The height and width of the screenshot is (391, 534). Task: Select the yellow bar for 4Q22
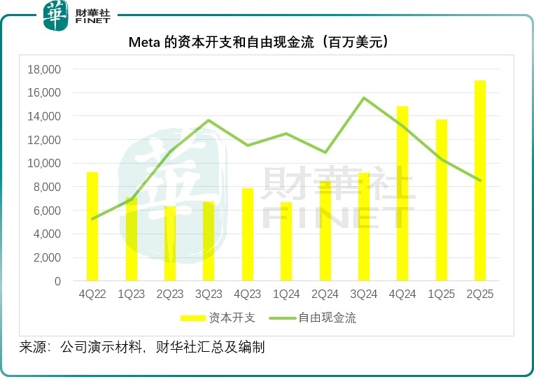[92, 227]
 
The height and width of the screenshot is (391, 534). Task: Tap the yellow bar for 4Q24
[402, 194]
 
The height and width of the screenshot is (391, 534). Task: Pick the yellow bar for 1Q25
[441, 200]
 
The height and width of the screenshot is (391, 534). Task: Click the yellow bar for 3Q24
[363, 227]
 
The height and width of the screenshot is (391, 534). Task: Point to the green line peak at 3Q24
[363, 98]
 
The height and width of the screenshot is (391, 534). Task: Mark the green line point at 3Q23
[209, 120]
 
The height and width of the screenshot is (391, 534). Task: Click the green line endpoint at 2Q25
[480, 180]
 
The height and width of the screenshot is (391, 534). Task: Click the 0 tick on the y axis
[58, 281]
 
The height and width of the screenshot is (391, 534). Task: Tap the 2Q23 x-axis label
[170, 294]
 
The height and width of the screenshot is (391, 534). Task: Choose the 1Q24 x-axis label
[286, 294]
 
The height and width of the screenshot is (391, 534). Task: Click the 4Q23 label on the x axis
[247, 294]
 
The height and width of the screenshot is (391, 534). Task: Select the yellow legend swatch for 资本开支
[192, 318]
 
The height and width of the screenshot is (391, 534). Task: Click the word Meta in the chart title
[145, 43]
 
